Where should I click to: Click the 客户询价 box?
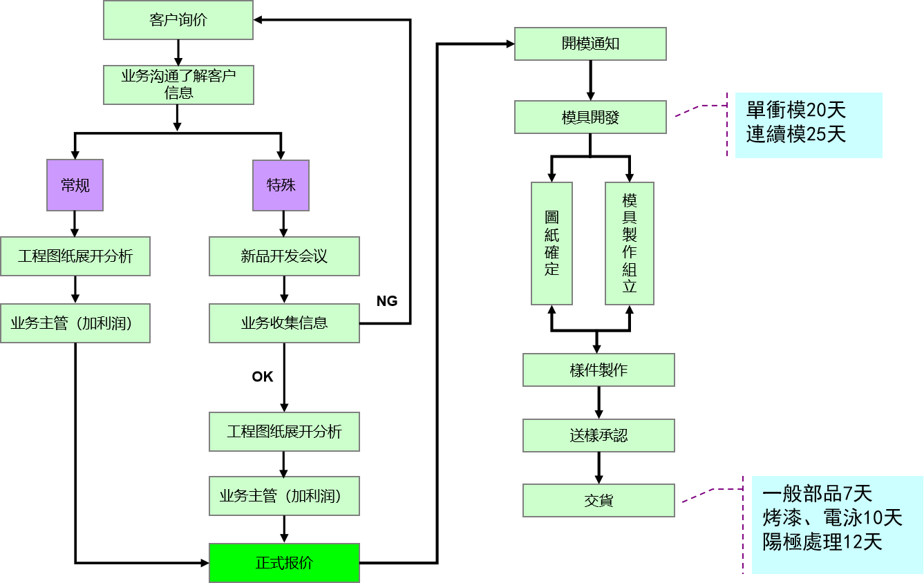[178, 20]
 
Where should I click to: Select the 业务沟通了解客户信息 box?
[178, 85]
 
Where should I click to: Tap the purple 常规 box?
[75, 185]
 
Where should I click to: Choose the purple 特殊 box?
[281, 185]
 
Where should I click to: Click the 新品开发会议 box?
[284, 256]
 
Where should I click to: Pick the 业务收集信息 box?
[284, 323]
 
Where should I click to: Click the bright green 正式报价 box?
[284, 562]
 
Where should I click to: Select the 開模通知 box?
[590, 44]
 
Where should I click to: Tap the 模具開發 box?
[590, 117]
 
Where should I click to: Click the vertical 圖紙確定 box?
[551, 243]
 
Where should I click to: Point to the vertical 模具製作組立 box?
[629, 243]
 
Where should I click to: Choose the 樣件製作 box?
[598, 370]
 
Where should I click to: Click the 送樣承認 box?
[598, 435]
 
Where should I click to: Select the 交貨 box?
[598, 500]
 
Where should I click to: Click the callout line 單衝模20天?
[795, 111]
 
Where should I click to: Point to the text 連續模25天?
[795, 134]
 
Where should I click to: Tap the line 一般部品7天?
[817, 494]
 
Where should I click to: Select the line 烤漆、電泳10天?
[832, 517]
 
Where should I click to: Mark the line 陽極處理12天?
[822, 542]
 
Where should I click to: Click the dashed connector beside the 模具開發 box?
[699, 108]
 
